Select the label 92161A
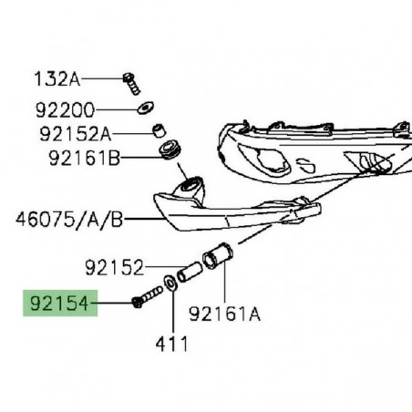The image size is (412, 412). pyautogui.click(x=225, y=314)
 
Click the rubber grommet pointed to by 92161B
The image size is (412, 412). pyautogui.click(x=170, y=149)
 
